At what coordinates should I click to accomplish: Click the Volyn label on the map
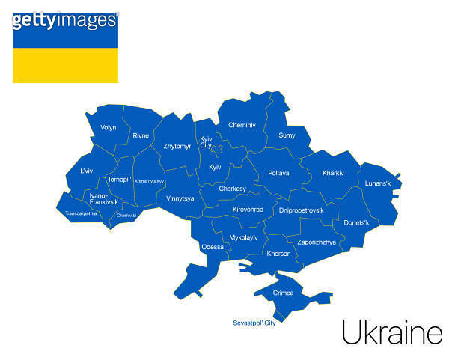pyautogui.click(x=109, y=128)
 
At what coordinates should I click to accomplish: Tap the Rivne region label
pyautogui.click(x=141, y=135)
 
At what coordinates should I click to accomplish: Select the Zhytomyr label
pyautogui.click(x=177, y=146)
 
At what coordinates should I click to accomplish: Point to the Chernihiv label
pyautogui.click(x=242, y=125)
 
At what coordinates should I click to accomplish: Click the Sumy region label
pyautogui.click(x=287, y=135)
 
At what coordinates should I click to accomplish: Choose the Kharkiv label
pyautogui.click(x=333, y=173)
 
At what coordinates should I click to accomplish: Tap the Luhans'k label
pyautogui.click(x=378, y=183)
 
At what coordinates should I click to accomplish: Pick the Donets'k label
pyautogui.click(x=356, y=223)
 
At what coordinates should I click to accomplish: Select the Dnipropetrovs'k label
pyautogui.click(x=301, y=210)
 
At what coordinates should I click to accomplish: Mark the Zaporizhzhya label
pyautogui.click(x=317, y=242)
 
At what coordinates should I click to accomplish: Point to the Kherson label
pyautogui.click(x=278, y=254)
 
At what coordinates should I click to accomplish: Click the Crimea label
pyautogui.click(x=283, y=293)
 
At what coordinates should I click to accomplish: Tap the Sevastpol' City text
pyautogui.click(x=254, y=323)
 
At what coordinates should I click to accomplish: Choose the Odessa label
pyautogui.click(x=213, y=247)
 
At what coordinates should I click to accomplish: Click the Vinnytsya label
pyautogui.click(x=180, y=198)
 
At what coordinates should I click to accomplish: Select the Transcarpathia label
pyautogui.click(x=81, y=213)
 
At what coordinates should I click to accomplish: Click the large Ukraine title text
pyautogui.click(x=391, y=332)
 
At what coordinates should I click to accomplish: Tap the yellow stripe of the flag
pyautogui.click(x=65, y=65)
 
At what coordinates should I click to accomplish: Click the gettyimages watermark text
pyautogui.click(x=64, y=20)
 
